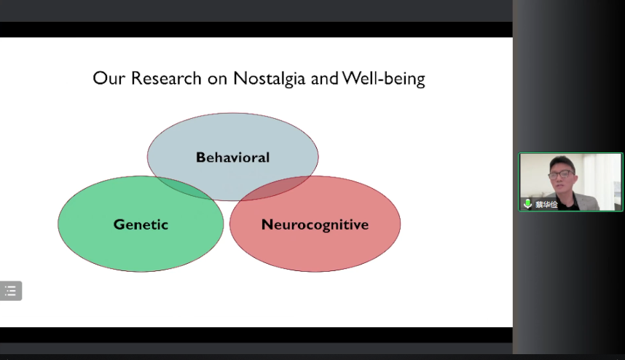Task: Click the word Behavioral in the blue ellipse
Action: point(232,157)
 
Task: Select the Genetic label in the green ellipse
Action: point(141,224)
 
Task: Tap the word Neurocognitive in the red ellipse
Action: point(315,224)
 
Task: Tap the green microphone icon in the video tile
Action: point(527,204)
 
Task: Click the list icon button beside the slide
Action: point(11,291)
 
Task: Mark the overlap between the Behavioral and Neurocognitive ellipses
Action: point(280,188)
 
